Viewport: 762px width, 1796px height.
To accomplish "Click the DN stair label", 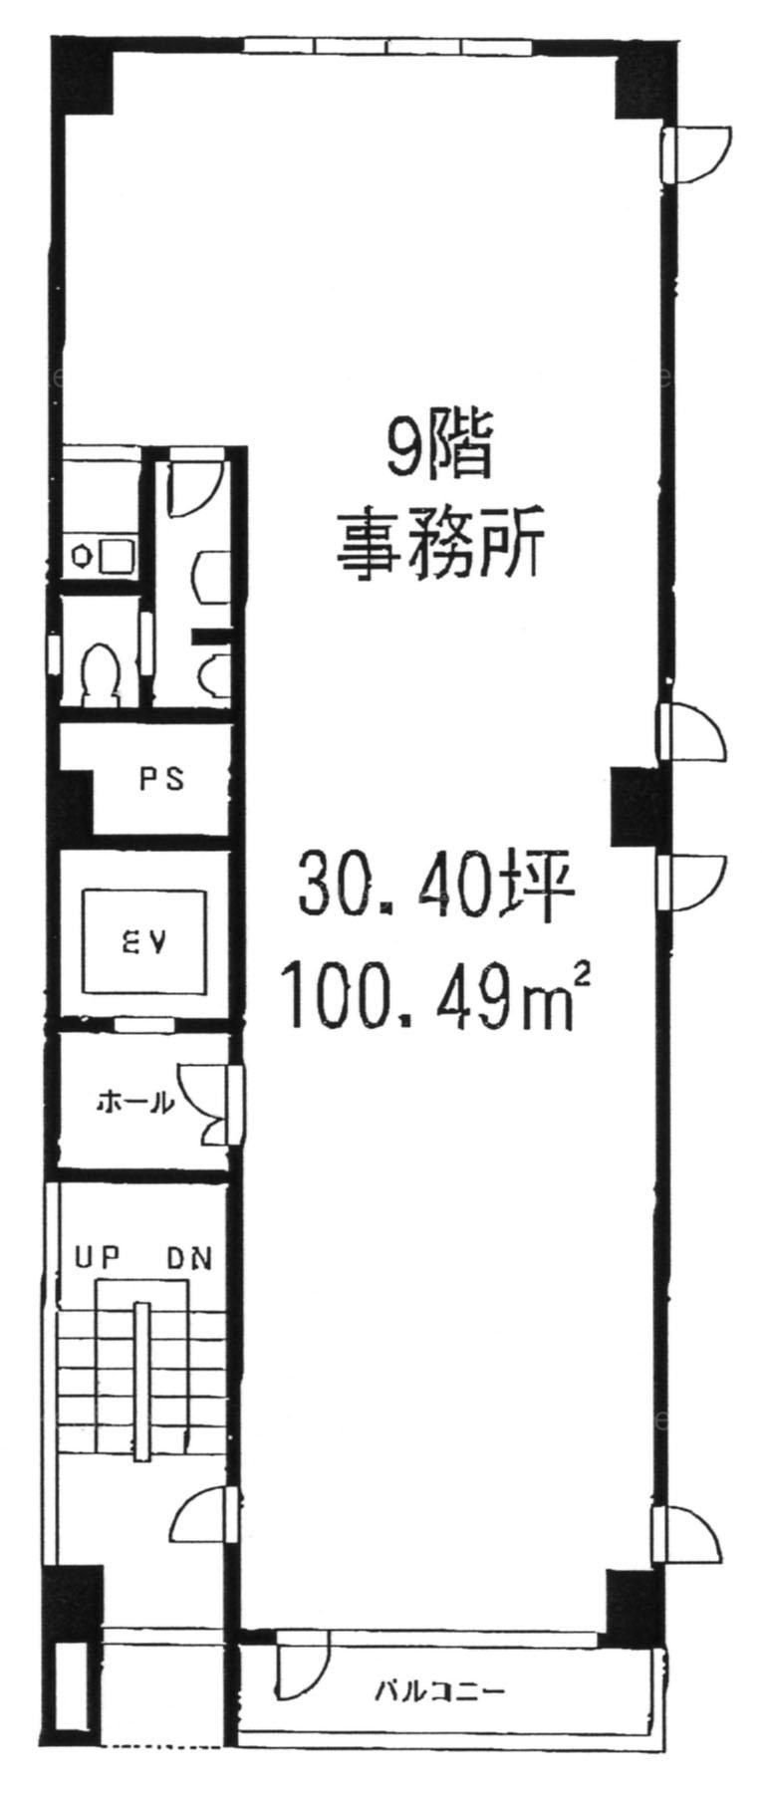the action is (x=188, y=1257).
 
